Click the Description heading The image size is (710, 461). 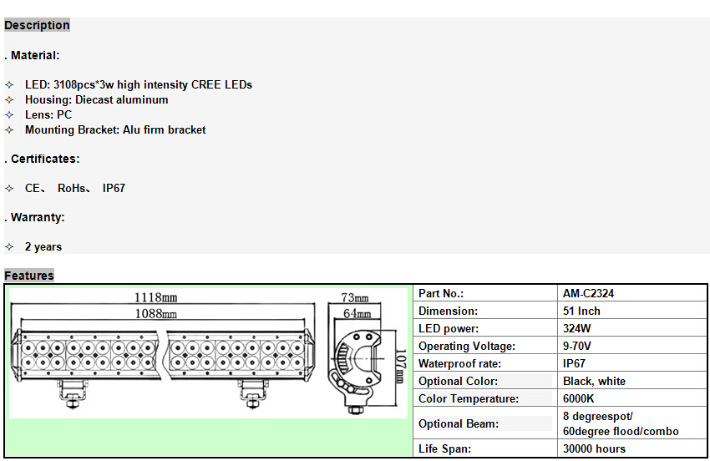(37, 25)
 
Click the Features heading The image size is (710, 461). (29, 276)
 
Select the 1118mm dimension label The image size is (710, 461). (156, 297)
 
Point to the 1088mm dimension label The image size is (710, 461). (156, 314)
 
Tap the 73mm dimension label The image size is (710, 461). (355, 298)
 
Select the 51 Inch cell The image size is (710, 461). (581, 311)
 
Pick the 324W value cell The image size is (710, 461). (578, 328)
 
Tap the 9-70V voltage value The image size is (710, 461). (577, 346)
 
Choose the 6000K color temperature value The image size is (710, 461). (579, 398)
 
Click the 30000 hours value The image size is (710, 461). (594, 448)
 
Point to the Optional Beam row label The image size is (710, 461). (459, 423)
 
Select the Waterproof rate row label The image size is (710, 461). (460, 363)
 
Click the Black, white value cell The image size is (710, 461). (594, 381)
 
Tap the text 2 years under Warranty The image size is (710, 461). (43, 246)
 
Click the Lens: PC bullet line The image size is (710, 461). (48, 114)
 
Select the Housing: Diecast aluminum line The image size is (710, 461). (96, 99)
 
